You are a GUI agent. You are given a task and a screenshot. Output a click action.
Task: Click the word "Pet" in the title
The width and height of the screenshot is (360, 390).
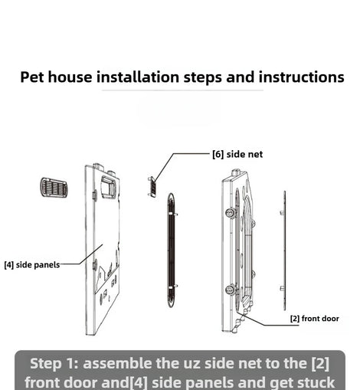point(31,77)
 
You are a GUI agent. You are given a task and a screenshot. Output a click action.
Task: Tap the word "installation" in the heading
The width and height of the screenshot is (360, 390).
point(138,77)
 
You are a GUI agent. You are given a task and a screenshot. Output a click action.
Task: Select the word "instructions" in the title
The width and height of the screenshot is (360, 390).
point(301,77)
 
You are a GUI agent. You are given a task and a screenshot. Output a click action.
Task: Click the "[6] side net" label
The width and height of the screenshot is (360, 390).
point(237,154)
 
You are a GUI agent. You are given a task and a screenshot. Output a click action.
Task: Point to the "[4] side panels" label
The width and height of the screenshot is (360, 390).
point(32,265)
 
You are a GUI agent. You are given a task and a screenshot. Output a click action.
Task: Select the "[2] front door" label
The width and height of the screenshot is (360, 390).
point(315,319)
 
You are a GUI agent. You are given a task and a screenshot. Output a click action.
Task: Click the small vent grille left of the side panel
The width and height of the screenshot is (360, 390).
point(54,188)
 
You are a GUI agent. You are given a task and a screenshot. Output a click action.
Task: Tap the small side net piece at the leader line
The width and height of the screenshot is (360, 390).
point(152,186)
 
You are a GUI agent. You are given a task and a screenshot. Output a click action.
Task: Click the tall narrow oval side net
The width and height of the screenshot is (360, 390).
point(172,251)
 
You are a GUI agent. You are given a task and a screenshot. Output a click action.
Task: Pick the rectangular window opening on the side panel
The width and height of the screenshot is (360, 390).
point(109,187)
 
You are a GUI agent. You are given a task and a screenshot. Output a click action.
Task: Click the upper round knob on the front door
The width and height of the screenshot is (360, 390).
point(231,213)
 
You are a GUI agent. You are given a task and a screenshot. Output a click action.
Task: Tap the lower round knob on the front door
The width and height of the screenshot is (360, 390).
point(231,290)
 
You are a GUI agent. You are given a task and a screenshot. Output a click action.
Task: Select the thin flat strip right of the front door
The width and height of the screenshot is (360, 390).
point(284,251)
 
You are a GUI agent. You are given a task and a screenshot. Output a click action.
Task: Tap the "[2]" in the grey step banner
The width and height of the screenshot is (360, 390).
point(320,364)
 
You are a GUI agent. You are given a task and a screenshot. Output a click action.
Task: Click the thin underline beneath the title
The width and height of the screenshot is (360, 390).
point(182,90)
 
